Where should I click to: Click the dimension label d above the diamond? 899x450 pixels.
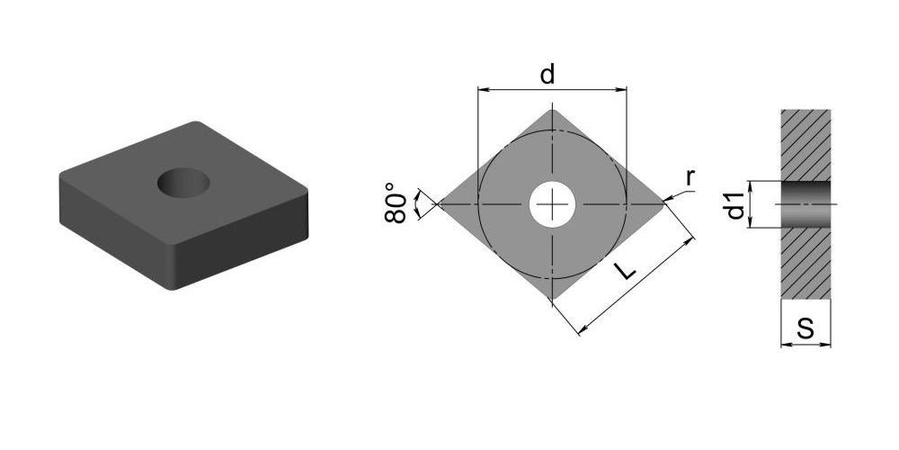point(547,74)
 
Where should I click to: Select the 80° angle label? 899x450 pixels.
point(396,203)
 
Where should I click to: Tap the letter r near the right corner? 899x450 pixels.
point(690,179)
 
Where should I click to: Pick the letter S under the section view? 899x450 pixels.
point(806,328)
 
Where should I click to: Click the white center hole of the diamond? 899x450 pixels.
point(552,203)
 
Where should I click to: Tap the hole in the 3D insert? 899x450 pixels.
point(183,183)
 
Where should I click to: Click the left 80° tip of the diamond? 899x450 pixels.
point(438,203)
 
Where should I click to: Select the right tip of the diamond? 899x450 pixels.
point(665,202)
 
